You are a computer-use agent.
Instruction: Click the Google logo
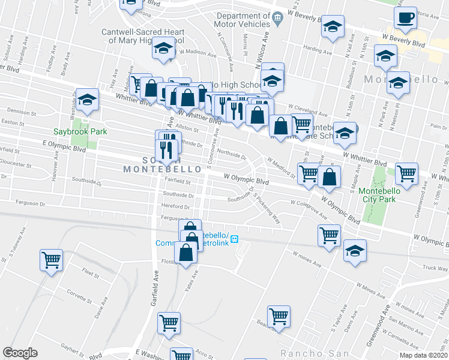pos(20,353)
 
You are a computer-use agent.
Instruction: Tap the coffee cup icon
pos(405,19)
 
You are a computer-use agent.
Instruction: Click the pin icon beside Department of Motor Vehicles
pos(277,17)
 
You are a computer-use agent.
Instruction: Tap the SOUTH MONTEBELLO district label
pos(151,164)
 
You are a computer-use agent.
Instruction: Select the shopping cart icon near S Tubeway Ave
pos(51,260)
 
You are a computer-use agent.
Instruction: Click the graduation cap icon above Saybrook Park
pos(88,100)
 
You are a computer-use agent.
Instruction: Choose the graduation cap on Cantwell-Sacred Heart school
pos(162,49)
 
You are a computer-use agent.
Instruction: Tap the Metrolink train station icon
pos(235,239)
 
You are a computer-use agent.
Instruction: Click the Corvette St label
pos(79,296)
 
